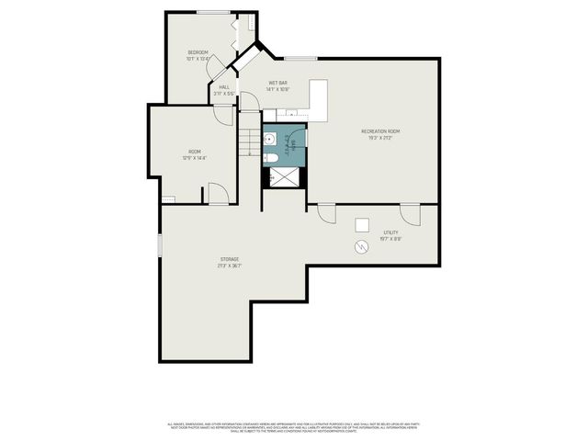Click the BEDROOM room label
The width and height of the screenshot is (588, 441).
[198, 51]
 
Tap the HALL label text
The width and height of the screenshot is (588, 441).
[224, 87]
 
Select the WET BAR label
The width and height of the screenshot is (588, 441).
[277, 83]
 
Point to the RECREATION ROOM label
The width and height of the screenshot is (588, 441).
[379, 131]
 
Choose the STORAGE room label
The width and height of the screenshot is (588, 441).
[229, 259]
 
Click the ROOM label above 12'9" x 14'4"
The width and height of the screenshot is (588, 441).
[194, 152]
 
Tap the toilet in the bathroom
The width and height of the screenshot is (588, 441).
[273, 158]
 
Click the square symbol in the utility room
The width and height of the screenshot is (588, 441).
[362, 224]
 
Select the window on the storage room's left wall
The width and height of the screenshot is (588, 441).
[160, 245]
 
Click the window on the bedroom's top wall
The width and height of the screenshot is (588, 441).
[213, 12]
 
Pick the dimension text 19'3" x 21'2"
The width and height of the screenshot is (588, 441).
[379, 139]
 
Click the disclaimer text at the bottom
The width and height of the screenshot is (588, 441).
[293, 427]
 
